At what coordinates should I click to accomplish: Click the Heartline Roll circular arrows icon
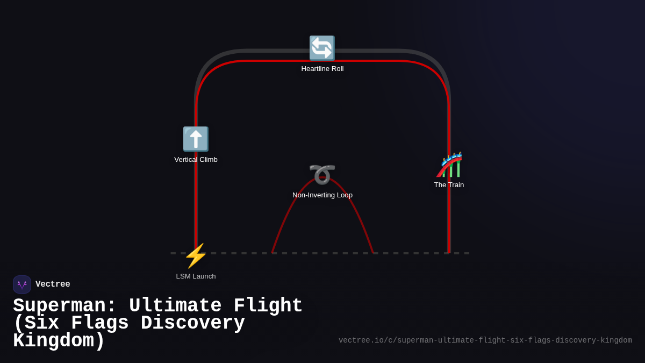pos(322,48)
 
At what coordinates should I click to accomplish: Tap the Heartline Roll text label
pos(322,69)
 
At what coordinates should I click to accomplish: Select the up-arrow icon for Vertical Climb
pos(196,139)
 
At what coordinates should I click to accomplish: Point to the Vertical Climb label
pos(196,160)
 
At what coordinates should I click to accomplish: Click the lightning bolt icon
pos(196,256)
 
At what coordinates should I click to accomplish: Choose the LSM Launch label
pos(196,276)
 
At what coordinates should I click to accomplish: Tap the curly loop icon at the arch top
pos(322,174)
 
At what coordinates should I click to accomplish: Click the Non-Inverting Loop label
pos(322,195)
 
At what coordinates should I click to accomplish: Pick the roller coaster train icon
pos(449,165)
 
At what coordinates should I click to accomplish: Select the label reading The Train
pos(449,185)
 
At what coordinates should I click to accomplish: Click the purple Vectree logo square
pos(22,284)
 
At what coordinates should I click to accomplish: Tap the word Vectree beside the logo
pos(53,284)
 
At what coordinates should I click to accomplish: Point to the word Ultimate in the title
pos(175,306)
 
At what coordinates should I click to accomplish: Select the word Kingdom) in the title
pos(59,341)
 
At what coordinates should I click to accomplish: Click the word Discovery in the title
pos(192,323)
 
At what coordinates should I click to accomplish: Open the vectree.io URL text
pos(485,340)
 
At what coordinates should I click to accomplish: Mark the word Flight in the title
pos(268,306)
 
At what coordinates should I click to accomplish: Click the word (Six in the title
pos(36,323)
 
